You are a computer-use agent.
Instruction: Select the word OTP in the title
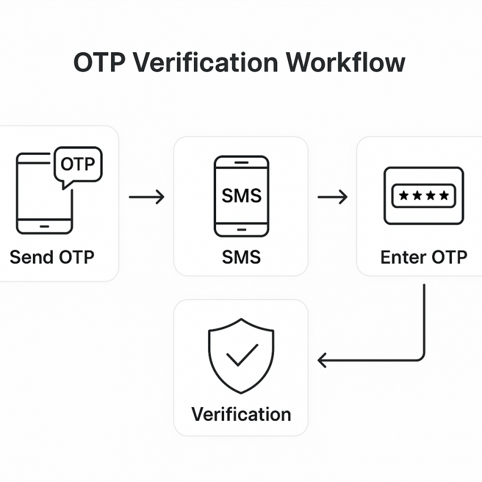coord(99,63)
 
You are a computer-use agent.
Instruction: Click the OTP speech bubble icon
coord(78,165)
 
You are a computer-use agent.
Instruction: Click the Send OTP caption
coord(52,257)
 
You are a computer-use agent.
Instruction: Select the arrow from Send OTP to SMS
coord(146,197)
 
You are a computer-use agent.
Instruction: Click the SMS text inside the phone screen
coord(241,196)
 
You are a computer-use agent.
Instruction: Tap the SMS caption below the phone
coord(241,257)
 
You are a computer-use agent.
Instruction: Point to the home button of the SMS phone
coord(241,230)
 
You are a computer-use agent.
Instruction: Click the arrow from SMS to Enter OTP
coord(332,197)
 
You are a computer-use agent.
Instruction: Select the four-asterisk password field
coord(424,196)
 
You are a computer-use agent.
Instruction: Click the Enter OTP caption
coord(424,257)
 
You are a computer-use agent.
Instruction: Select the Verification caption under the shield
coord(241,414)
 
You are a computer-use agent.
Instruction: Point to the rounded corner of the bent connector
coord(421,357)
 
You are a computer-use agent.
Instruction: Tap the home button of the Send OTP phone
coord(44,226)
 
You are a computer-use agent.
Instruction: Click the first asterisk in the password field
coord(403,196)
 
